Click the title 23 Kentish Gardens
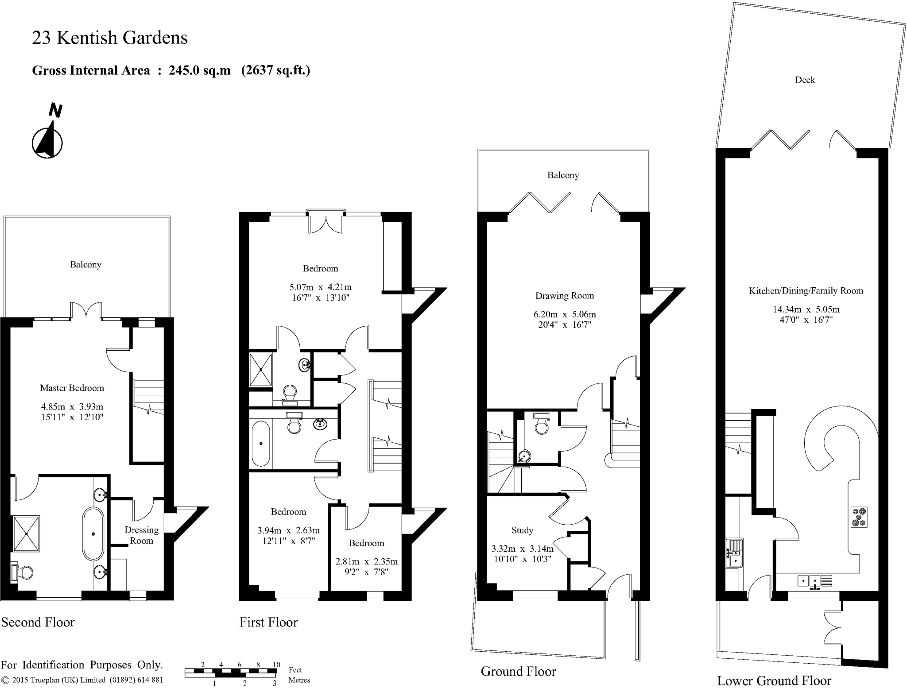[x=109, y=38]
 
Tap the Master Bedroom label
[x=72, y=388]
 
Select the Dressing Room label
[x=141, y=535]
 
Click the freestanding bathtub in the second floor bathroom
[x=93, y=534]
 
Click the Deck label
[x=805, y=80]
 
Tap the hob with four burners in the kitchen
[x=859, y=518]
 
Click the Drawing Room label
[x=564, y=296]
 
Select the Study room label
[x=522, y=530]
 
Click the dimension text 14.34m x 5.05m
[x=806, y=309]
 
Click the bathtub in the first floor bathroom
[x=261, y=444]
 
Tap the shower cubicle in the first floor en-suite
[x=260, y=370]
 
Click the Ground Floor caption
[x=518, y=672]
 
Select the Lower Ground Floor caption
[x=774, y=680]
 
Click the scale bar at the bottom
[x=231, y=673]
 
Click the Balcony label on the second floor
[x=85, y=265]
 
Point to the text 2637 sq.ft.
[x=275, y=70]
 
